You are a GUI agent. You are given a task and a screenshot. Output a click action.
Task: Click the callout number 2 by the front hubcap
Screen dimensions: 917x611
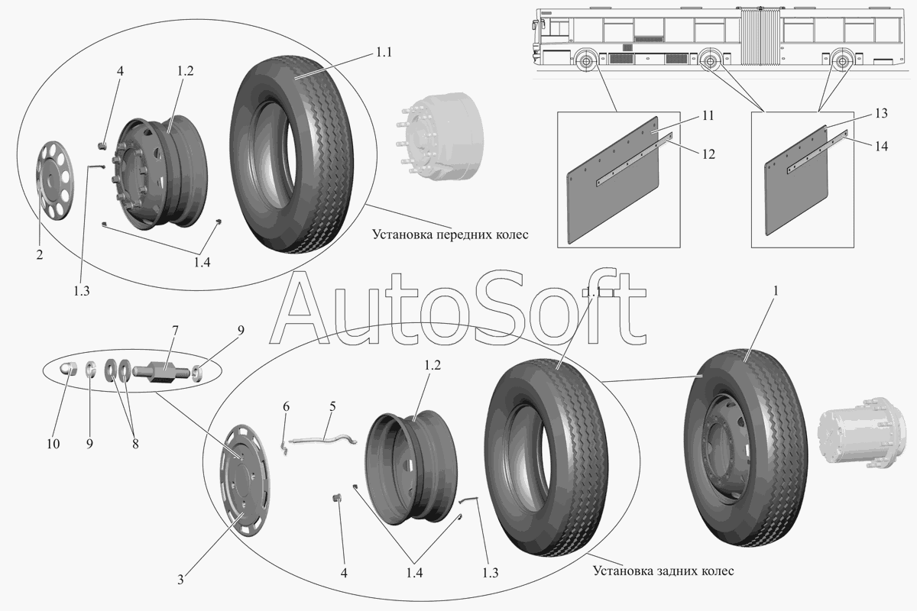(39, 255)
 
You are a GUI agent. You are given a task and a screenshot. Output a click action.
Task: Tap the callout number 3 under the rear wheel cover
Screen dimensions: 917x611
(180, 580)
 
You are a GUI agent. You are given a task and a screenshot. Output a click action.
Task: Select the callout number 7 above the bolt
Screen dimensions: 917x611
(175, 330)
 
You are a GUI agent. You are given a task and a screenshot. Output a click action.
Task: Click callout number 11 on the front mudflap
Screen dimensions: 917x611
(708, 116)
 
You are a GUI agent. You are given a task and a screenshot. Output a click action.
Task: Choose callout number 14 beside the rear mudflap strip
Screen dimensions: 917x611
(881, 146)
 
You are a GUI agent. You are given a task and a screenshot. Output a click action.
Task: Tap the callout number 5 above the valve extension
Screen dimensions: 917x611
(332, 408)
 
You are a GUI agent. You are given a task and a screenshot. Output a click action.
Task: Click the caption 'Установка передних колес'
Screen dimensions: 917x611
(450, 234)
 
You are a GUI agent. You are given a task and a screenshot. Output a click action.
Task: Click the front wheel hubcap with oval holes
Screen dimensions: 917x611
(52, 180)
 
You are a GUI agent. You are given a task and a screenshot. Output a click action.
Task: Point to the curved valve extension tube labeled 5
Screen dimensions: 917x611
(321, 438)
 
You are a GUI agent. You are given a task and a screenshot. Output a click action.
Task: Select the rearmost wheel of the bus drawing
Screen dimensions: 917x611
(843, 60)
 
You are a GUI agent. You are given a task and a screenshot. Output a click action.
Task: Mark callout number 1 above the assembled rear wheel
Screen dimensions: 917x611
(776, 291)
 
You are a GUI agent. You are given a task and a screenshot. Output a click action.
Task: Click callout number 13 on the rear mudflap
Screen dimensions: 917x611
(881, 114)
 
